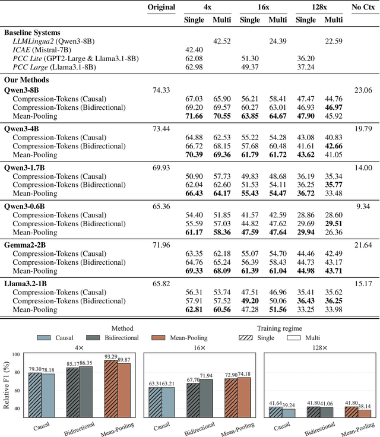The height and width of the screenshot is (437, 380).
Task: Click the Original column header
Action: (161, 7)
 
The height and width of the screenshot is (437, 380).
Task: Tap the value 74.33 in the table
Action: (161, 90)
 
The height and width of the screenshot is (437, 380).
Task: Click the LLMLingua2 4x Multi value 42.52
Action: (221, 40)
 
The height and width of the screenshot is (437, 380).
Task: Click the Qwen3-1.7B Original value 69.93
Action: (161, 168)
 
